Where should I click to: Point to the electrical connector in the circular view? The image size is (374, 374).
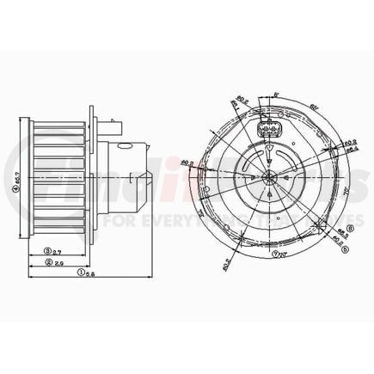pos(267,132)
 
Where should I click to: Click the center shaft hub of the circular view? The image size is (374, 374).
pos(268,179)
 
